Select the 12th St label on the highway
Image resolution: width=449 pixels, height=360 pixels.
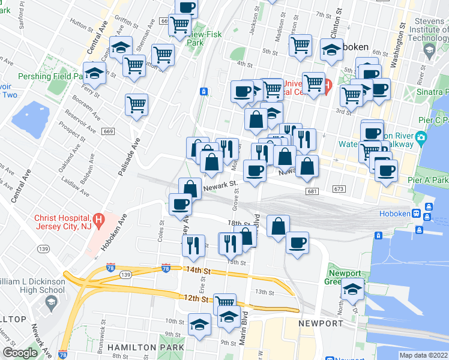click(197, 298)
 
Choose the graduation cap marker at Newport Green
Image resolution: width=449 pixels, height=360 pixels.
click(352, 290)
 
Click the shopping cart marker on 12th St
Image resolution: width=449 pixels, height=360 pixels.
click(224, 302)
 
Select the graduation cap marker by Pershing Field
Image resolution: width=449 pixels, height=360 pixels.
click(94, 73)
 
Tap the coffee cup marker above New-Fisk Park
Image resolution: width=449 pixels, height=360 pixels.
click(187, 8)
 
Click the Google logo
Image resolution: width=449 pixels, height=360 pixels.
click(20, 353)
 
